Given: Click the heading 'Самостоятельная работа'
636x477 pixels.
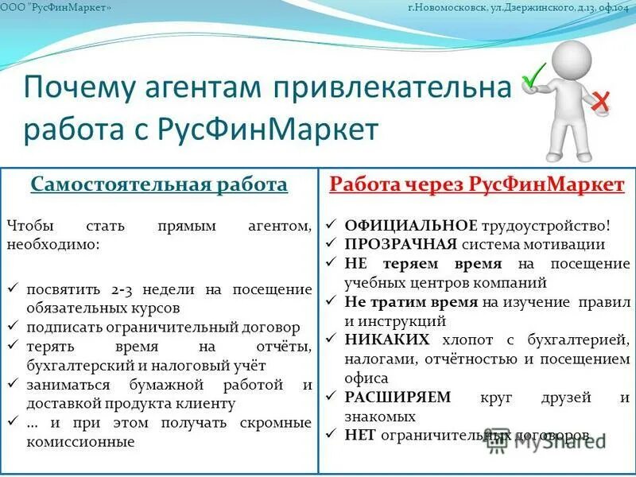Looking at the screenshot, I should point(159,185).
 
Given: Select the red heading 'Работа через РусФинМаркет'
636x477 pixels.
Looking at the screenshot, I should point(477,185).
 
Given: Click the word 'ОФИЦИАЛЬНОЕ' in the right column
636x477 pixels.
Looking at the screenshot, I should point(411,226).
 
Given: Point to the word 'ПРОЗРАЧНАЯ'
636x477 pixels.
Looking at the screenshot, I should point(401,245).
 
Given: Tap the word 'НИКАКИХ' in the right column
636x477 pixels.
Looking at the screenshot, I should point(387,340).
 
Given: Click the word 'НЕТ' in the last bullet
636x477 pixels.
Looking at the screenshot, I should point(361,435).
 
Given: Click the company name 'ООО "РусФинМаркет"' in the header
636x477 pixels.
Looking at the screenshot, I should point(52,7).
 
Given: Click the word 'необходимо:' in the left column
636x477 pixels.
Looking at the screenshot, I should point(52,244).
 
